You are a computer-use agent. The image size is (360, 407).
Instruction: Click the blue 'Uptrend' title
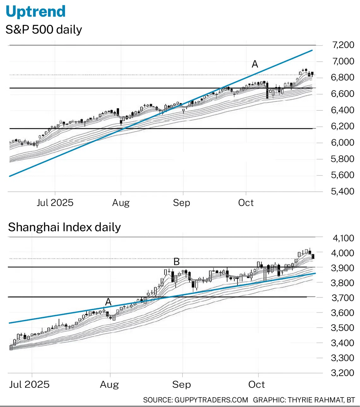[36, 12]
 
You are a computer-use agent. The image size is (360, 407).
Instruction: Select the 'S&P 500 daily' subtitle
[44, 30]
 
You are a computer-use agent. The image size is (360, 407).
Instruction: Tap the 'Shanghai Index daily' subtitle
[64, 227]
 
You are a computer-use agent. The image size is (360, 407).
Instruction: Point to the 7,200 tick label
[343, 45]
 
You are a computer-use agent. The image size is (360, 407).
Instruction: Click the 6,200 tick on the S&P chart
[343, 126]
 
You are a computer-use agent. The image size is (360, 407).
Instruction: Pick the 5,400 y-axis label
[343, 192]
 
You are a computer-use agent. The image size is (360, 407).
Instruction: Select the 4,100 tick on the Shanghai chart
[343, 238]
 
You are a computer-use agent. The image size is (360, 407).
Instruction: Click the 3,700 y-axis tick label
[343, 298]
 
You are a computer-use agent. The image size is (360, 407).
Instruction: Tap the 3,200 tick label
[343, 373]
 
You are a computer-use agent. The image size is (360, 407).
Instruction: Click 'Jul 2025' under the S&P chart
[55, 203]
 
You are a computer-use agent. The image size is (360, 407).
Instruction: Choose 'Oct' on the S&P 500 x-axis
[246, 203]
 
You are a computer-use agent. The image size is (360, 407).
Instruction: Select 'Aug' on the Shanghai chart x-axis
[109, 385]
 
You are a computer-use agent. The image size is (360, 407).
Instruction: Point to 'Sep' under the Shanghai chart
[182, 385]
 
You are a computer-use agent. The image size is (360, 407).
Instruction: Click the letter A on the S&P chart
[255, 64]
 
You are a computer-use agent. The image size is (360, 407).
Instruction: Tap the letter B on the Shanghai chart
[177, 262]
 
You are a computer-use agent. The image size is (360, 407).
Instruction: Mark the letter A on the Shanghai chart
[108, 302]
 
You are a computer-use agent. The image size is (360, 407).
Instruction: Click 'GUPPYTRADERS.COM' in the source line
[211, 400]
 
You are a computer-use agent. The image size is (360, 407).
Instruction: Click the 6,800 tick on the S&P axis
[343, 77]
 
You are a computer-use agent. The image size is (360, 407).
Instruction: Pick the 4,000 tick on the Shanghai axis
[343, 253]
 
